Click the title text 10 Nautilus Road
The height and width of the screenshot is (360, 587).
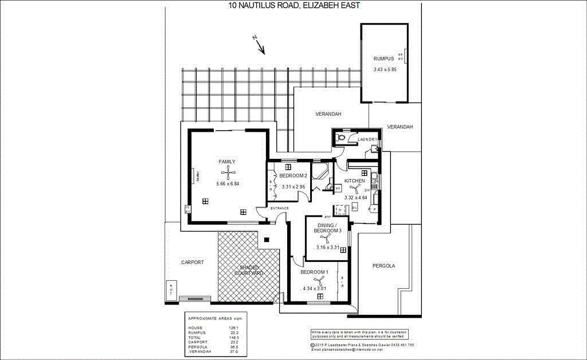tap(294, 6)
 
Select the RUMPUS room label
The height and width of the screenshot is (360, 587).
tap(383, 59)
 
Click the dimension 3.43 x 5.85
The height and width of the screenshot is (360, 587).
tap(385, 69)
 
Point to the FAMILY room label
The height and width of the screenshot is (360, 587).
tap(227, 162)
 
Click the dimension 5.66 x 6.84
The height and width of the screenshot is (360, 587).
tap(228, 183)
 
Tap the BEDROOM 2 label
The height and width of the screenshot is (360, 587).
tap(293, 176)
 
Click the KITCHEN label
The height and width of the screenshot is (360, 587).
tap(354, 181)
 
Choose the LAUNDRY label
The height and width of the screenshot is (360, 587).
tap(367, 139)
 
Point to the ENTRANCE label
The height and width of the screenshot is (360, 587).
tap(272, 208)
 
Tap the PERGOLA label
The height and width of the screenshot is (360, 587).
tap(383, 265)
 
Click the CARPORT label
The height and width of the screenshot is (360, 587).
tap(192, 262)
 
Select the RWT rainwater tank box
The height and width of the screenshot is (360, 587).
tap(170, 290)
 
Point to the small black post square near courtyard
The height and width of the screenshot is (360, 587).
tap(267, 240)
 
